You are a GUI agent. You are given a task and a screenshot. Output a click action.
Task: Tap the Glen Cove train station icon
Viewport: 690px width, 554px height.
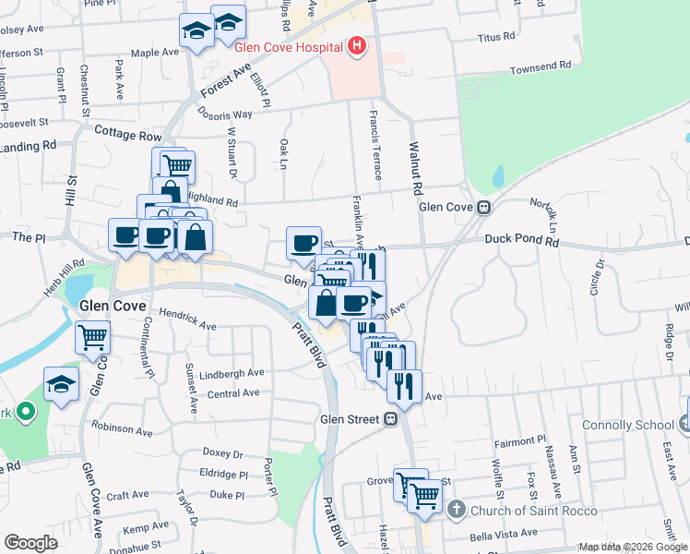(x=482, y=208)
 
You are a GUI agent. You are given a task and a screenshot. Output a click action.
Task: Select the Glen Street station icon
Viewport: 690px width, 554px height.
(x=390, y=419)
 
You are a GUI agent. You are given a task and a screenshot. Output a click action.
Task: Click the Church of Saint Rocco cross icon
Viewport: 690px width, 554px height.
(x=456, y=510)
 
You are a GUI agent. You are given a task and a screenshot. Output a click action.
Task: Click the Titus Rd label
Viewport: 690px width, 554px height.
(x=495, y=37)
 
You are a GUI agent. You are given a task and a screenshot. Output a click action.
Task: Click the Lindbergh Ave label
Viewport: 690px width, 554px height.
(x=231, y=373)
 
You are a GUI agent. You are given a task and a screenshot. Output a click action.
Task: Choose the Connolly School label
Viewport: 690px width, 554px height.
(x=628, y=426)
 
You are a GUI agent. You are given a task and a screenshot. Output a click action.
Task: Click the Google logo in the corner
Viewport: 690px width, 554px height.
(x=30, y=543)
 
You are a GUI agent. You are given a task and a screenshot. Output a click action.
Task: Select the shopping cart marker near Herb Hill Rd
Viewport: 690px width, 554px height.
(x=93, y=338)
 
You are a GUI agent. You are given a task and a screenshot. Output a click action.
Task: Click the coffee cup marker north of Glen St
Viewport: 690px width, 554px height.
(x=303, y=244)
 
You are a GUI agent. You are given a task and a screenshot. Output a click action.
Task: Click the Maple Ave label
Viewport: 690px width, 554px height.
(x=154, y=53)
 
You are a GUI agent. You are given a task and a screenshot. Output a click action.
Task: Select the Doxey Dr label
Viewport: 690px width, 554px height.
(x=222, y=453)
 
